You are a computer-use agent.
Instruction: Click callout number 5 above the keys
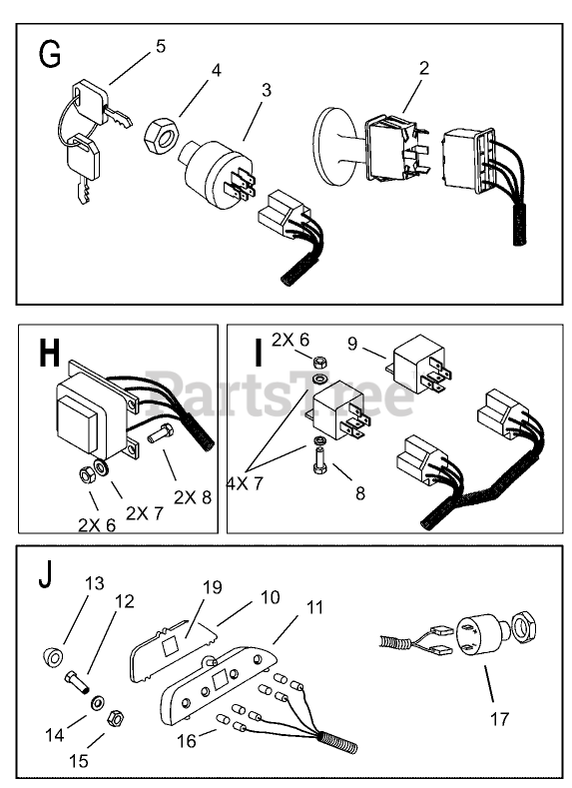(160, 46)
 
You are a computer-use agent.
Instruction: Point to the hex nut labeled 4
(160, 134)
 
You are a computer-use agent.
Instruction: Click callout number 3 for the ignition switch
(267, 90)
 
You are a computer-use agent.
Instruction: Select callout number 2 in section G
(424, 68)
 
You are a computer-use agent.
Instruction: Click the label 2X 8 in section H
(193, 497)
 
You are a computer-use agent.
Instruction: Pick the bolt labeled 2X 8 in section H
(160, 433)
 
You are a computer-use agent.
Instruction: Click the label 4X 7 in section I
(245, 483)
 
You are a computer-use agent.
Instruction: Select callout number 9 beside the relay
(352, 344)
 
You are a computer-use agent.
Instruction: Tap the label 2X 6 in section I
(290, 340)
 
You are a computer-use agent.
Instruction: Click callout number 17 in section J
(499, 719)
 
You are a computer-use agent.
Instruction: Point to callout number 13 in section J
(95, 583)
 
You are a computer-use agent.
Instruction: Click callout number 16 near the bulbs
(187, 741)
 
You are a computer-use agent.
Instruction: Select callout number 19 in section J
(213, 587)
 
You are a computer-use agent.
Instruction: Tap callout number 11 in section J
(314, 607)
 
